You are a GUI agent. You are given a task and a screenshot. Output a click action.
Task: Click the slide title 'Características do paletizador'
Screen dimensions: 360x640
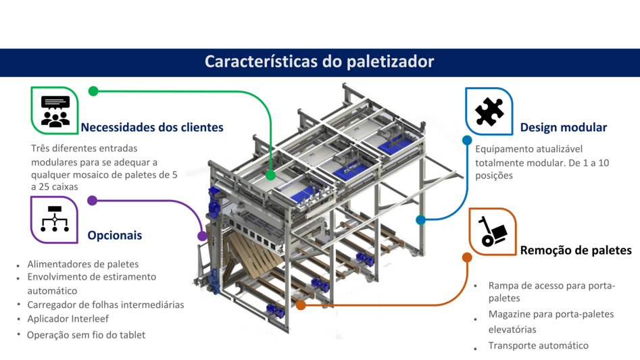point(319,62)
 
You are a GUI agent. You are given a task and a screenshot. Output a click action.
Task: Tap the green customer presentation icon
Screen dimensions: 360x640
point(55,111)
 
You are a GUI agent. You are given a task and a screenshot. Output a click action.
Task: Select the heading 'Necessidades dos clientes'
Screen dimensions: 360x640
point(152,127)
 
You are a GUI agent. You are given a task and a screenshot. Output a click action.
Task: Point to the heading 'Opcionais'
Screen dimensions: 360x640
point(115,236)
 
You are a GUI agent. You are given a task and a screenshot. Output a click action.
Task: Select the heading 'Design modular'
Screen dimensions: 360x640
point(563,127)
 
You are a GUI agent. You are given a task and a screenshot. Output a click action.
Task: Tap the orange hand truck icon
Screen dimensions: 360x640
point(492,232)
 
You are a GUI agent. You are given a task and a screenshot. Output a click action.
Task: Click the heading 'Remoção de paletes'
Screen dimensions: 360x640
point(575,251)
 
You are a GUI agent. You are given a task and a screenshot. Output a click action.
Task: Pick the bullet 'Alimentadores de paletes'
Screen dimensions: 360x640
point(82,264)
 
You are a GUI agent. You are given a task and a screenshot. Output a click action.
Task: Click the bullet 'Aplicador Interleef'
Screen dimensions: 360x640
point(68,318)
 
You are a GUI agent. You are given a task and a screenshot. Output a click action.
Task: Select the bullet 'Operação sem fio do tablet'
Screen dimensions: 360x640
point(86,335)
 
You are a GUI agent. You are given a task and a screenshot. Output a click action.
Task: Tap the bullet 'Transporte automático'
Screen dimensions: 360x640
point(538,346)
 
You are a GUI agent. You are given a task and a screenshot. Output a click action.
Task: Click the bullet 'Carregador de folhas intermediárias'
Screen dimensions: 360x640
point(105,305)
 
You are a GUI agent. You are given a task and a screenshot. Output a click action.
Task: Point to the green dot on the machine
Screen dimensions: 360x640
point(270,175)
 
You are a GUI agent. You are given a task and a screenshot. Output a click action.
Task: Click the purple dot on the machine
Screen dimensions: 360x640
point(202,236)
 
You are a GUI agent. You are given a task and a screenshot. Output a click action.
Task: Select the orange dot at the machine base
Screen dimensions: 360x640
point(301,305)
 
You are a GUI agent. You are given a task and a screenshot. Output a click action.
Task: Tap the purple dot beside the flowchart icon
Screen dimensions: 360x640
point(93,201)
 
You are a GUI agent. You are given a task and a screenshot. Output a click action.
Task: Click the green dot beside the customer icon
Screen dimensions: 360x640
point(93,91)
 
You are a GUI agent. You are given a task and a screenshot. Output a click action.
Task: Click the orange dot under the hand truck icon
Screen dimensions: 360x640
point(467,257)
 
